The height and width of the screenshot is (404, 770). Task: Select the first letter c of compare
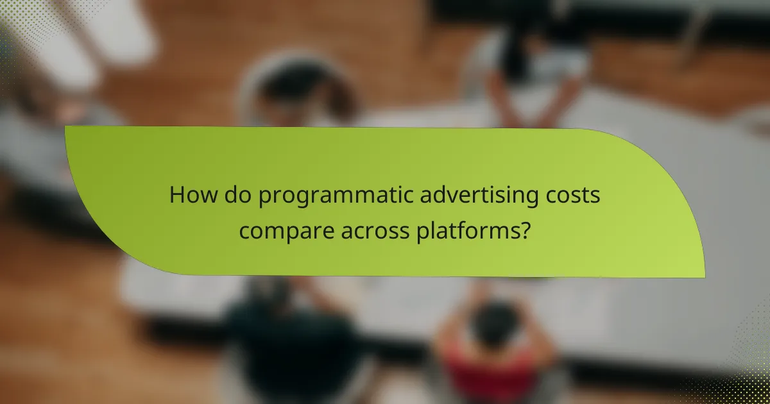pyautogui.click(x=244, y=231)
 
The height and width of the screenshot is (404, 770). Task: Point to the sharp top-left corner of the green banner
pyautogui.click(x=67, y=127)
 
